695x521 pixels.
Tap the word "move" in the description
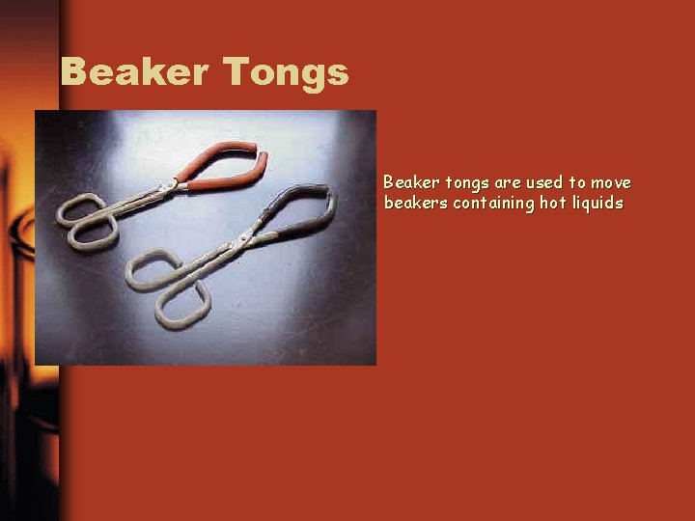point(611,182)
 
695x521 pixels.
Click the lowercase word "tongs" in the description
point(465,183)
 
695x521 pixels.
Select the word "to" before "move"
point(577,182)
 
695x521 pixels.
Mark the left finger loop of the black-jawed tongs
point(149,269)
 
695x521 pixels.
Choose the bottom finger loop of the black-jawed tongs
point(184,305)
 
